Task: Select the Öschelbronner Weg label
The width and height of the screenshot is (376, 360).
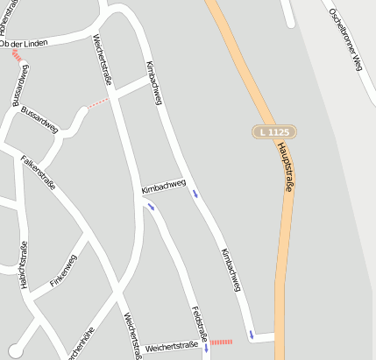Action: [x=344, y=39]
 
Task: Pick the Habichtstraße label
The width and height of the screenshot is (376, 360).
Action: [x=23, y=265]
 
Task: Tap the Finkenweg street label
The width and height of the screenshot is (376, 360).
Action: [x=64, y=272]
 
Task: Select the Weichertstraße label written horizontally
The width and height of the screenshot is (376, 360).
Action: [x=173, y=348]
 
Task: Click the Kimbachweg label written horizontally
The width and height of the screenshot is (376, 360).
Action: [x=163, y=187]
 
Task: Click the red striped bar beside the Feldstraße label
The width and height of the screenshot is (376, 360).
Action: [x=221, y=342]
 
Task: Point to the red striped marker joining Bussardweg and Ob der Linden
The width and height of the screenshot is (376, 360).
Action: [x=18, y=55]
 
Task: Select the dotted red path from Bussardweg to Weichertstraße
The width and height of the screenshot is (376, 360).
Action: [x=100, y=102]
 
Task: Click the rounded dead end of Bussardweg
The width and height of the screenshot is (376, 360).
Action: [x=83, y=110]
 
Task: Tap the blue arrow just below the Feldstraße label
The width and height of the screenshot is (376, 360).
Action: [x=206, y=348]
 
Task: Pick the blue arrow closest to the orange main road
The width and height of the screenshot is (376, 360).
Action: [x=252, y=334]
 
